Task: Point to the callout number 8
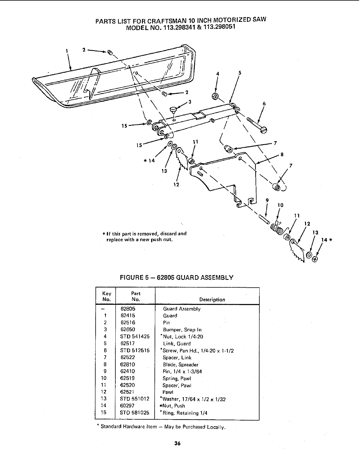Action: [x=282, y=154]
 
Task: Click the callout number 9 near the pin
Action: [x=267, y=200]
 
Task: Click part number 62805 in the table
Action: [x=128, y=309]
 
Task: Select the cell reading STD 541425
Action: [x=135, y=337]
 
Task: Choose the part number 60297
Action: [x=127, y=406]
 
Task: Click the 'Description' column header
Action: [x=212, y=300]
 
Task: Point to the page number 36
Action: [x=177, y=443]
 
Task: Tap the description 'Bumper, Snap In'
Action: [x=182, y=330]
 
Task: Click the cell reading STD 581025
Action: [x=135, y=413]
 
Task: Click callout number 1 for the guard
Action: [x=67, y=50]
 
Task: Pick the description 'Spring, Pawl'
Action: [x=176, y=379]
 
